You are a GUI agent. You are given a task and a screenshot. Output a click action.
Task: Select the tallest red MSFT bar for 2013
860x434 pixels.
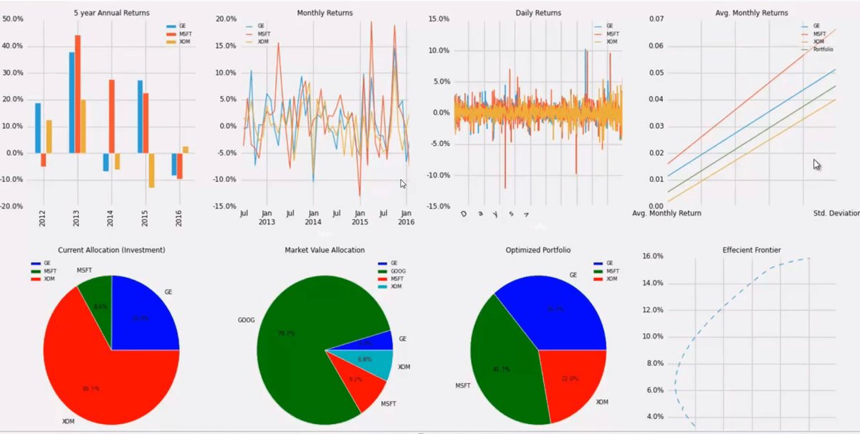pos(77,94)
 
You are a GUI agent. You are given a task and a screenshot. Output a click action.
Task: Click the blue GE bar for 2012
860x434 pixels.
pos(38,128)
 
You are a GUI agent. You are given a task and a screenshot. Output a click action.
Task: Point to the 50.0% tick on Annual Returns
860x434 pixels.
pos(13,19)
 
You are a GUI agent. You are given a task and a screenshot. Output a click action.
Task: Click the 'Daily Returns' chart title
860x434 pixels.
pos(538,13)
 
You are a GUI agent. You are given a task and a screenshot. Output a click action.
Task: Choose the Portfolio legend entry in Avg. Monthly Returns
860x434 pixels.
pos(822,49)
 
